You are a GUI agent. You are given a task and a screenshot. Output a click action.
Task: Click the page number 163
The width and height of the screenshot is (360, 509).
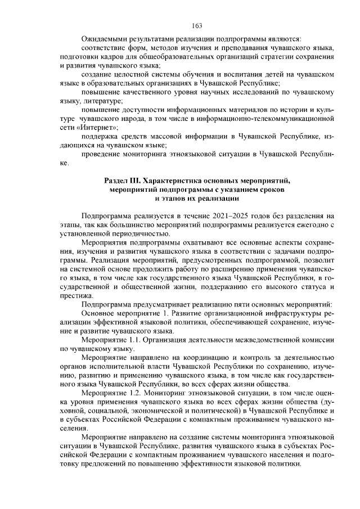click(197, 25)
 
